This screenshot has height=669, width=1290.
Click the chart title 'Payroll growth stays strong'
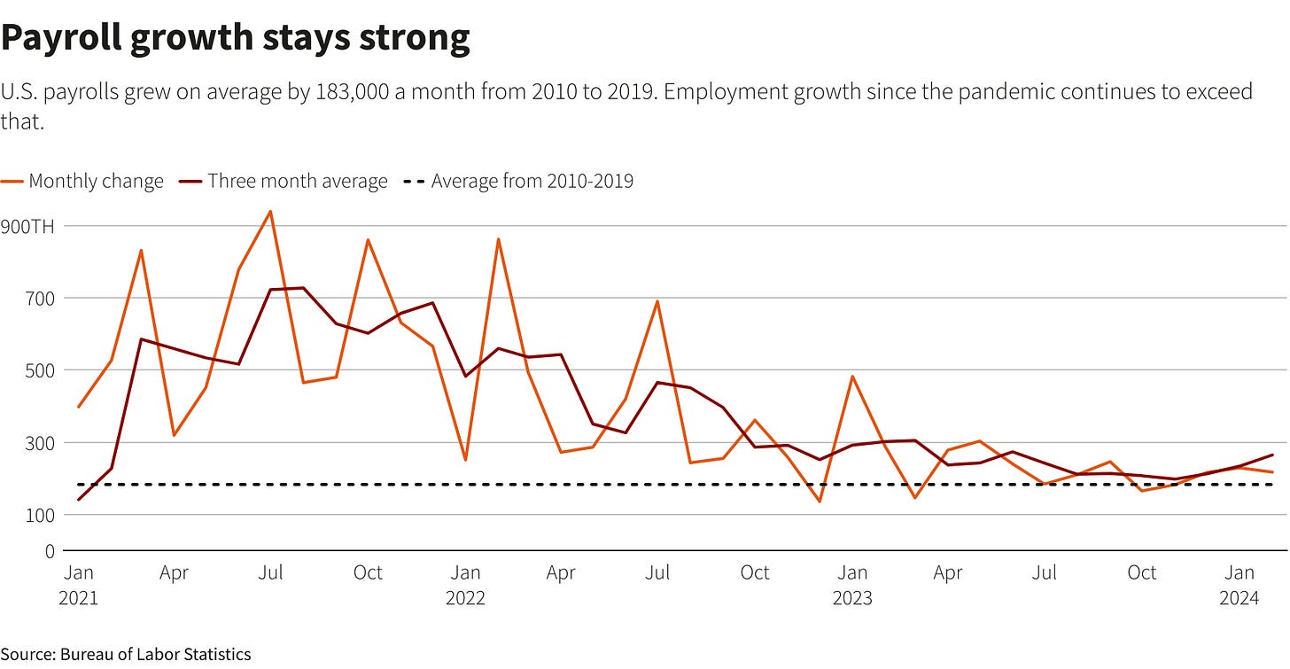pos(236,40)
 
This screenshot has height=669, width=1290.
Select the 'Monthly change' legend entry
pos(83,182)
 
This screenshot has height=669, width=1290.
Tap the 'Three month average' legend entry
pos(284,182)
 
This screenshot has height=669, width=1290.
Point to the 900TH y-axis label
pos(29,227)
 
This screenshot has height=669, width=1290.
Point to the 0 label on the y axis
pos(49,551)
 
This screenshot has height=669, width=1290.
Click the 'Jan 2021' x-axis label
pos(78,586)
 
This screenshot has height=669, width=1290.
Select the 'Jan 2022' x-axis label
pos(465,586)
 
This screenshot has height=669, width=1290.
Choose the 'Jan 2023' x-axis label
pos(852,586)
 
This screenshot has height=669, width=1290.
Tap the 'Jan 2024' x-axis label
pos(1239,586)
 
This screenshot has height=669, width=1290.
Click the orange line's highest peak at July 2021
pos(270,211)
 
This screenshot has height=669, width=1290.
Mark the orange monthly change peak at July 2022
pos(657,301)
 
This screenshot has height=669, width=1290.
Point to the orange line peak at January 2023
pos(852,377)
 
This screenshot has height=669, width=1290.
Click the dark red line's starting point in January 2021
pos(79,500)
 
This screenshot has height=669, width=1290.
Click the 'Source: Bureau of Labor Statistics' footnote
pos(126,655)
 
